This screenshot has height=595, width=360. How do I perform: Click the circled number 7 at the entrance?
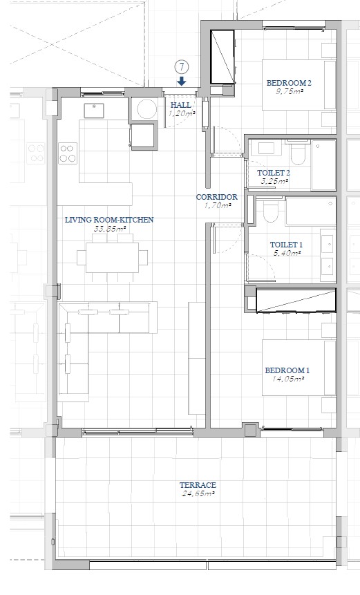coord(182,67)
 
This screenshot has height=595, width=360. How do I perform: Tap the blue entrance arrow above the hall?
coord(182,81)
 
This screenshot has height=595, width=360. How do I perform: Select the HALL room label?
coord(181,105)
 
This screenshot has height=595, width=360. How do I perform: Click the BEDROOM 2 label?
coord(289,83)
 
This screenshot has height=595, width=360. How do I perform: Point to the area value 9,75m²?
coord(290,91)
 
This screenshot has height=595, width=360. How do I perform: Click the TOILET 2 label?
coord(274,173)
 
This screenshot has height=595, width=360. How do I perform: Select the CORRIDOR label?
coord(217,197)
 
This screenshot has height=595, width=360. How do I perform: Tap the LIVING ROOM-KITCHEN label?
coord(109,220)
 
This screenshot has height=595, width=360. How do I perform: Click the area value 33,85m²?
coord(109,229)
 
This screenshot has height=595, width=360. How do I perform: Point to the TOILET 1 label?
coord(286,245)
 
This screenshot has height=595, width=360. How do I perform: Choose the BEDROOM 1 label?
coord(287,370)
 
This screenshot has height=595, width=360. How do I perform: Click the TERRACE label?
coord(198,485)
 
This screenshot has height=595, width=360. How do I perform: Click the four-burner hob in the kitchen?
coord(68,153)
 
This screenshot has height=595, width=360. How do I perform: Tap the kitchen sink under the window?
coord(94,111)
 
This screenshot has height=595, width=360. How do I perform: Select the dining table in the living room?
coord(113,257)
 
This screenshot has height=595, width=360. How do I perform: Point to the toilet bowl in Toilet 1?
coord(270,211)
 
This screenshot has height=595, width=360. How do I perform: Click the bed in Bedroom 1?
coord(299,368)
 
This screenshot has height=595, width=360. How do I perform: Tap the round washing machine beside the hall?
coord(146,110)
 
